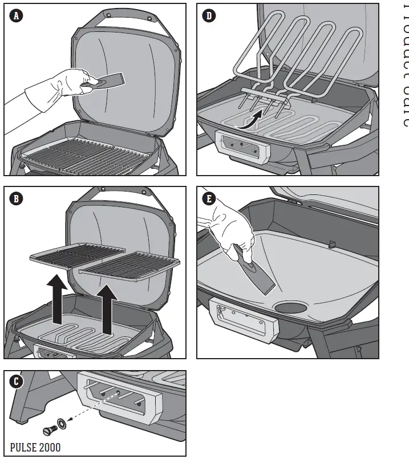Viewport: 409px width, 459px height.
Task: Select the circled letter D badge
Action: pos(209,16)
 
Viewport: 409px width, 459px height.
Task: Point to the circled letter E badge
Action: pos(209,199)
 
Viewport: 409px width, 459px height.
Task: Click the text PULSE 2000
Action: pos(35,447)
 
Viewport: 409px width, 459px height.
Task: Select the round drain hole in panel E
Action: pos(290,307)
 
